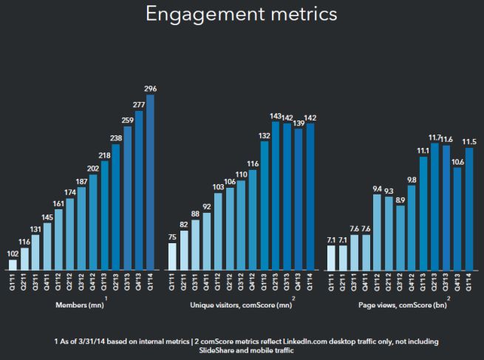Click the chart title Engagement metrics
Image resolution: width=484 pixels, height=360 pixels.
pyautogui.click(x=242, y=16)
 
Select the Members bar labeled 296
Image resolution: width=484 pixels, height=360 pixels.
pyautogui.click(x=151, y=181)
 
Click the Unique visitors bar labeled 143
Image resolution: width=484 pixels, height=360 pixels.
pyautogui.click(x=275, y=196)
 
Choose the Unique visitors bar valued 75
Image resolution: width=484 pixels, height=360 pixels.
pyautogui.click(x=172, y=256)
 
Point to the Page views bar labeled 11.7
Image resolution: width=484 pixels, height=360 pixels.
pyautogui.click(x=434, y=206)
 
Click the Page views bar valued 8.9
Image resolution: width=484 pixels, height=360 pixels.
pyautogui.click(x=401, y=237)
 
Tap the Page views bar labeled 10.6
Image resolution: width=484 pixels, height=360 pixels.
pyautogui.click(x=457, y=218)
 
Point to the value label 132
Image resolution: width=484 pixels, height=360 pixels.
pyautogui.click(x=263, y=135)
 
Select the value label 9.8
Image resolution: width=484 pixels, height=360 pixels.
pyautogui.click(x=412, y=180)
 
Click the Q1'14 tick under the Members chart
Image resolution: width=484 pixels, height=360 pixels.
pyautogui.click(x=151, y=282)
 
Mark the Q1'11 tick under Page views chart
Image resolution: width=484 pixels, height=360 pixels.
pyautogui.click(x=332, y=282)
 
